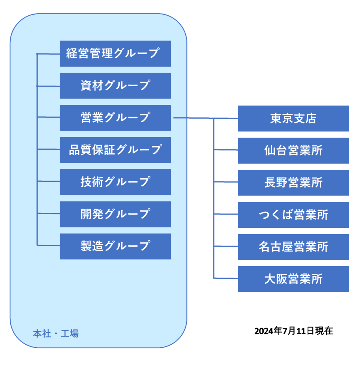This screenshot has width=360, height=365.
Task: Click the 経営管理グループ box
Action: (x=115, y=53)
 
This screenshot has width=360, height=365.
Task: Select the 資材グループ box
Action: (x=115, y=86)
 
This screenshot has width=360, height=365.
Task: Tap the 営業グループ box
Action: (x=115, y=118)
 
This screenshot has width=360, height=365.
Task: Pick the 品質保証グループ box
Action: (x=115, y=150)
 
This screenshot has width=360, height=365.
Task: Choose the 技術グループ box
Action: (x=115, y=182)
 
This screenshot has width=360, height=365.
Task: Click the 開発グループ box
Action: (x=115, y=214)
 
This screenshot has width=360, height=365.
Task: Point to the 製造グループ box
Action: (x=115, y=246)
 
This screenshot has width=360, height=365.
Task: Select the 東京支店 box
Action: (x=293, y=118)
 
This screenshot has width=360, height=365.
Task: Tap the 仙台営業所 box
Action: (x=293, y=150)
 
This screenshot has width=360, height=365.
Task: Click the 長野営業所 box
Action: (x=293, y=182)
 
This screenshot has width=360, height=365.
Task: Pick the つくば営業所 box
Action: (x=293, y=215)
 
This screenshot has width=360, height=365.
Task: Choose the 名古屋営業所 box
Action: (x=293, y=247)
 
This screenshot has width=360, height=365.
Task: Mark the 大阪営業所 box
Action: (x=293, y=279)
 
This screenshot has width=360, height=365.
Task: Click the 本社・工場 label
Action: (x=56, y=334)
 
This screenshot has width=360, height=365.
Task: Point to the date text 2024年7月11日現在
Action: (x=293, y=331)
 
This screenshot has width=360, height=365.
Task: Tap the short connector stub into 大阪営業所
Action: (x=226, y=278)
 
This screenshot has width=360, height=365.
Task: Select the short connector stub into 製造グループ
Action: (x=48, y=245)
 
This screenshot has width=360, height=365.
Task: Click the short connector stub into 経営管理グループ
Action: (x=48, y=54)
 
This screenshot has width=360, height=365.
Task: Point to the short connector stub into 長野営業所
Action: (x=226, y=182)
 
